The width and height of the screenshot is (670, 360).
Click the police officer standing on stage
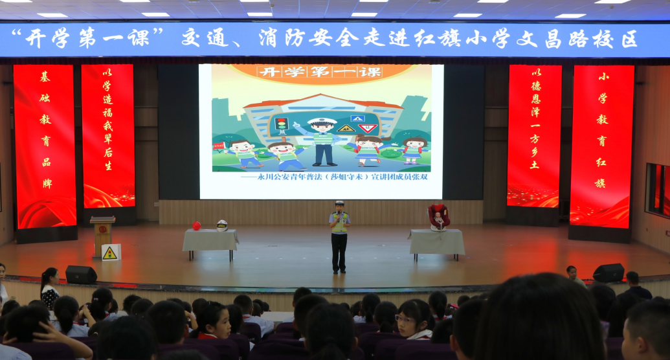339,236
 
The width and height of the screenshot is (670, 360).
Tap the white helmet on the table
222,225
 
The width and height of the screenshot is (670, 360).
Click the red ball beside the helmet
196,226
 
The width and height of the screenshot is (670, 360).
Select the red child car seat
439,217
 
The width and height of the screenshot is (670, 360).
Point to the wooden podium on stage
102,234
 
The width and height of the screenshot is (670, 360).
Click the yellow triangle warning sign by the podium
110,253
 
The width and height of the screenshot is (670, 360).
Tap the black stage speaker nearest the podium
81,275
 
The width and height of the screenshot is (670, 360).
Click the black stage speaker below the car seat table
609,273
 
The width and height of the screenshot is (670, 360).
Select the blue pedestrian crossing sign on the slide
357,118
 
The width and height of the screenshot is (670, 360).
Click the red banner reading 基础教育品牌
45,146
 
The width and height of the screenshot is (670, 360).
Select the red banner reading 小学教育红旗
601,146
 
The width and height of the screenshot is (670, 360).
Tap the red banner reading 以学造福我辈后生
108,136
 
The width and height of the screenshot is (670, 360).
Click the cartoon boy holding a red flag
242,153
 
